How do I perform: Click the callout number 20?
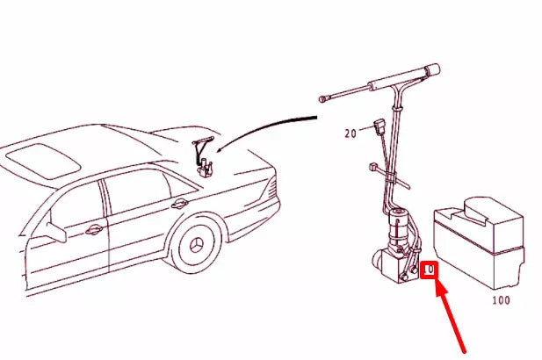(x=350, y=133)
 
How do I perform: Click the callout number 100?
(x=500, y=300)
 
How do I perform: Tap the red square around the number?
(x=430, y=270)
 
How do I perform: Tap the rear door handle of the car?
(x=179, y=204)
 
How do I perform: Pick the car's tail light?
(x=273, y=188)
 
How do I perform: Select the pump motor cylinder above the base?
(x=401, y=230)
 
